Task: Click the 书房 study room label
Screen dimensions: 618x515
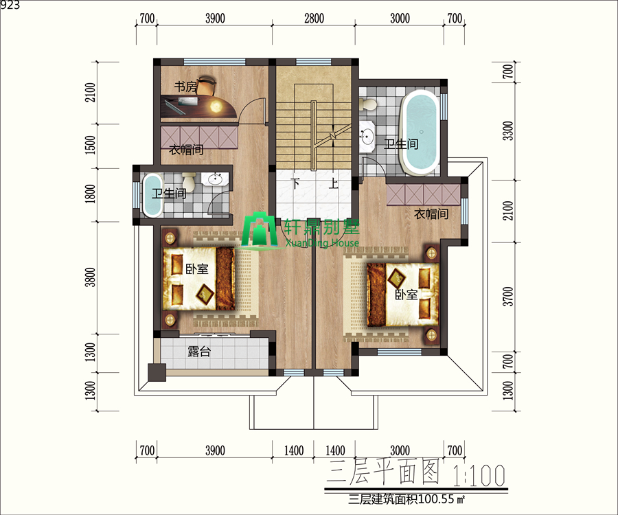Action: (185, 87)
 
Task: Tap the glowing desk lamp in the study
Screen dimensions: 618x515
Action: (216, 106)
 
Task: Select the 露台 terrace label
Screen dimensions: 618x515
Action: (199, 352)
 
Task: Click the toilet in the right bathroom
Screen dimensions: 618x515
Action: (369, 104)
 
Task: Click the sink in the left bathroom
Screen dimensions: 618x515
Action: (215, 179)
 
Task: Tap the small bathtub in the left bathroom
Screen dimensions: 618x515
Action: (152, 195)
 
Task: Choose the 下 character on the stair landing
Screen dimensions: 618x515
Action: (295, 183)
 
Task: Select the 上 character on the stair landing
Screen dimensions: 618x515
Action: (334, 183)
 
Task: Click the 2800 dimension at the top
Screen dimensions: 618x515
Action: (314, 19)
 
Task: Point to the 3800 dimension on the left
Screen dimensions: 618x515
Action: (90, 277)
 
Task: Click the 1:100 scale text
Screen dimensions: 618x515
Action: (479, 475)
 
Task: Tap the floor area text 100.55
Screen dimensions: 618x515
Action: (436, 499)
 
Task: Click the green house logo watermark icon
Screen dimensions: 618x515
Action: (260, 231)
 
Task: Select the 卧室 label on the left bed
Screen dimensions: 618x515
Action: (196, 268)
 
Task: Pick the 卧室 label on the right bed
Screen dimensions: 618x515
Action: (407, 295)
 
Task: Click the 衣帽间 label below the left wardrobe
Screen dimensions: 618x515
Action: (186, 150)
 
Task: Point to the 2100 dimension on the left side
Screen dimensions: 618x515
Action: (90, 92)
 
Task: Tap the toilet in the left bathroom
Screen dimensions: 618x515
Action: (189, 182)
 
